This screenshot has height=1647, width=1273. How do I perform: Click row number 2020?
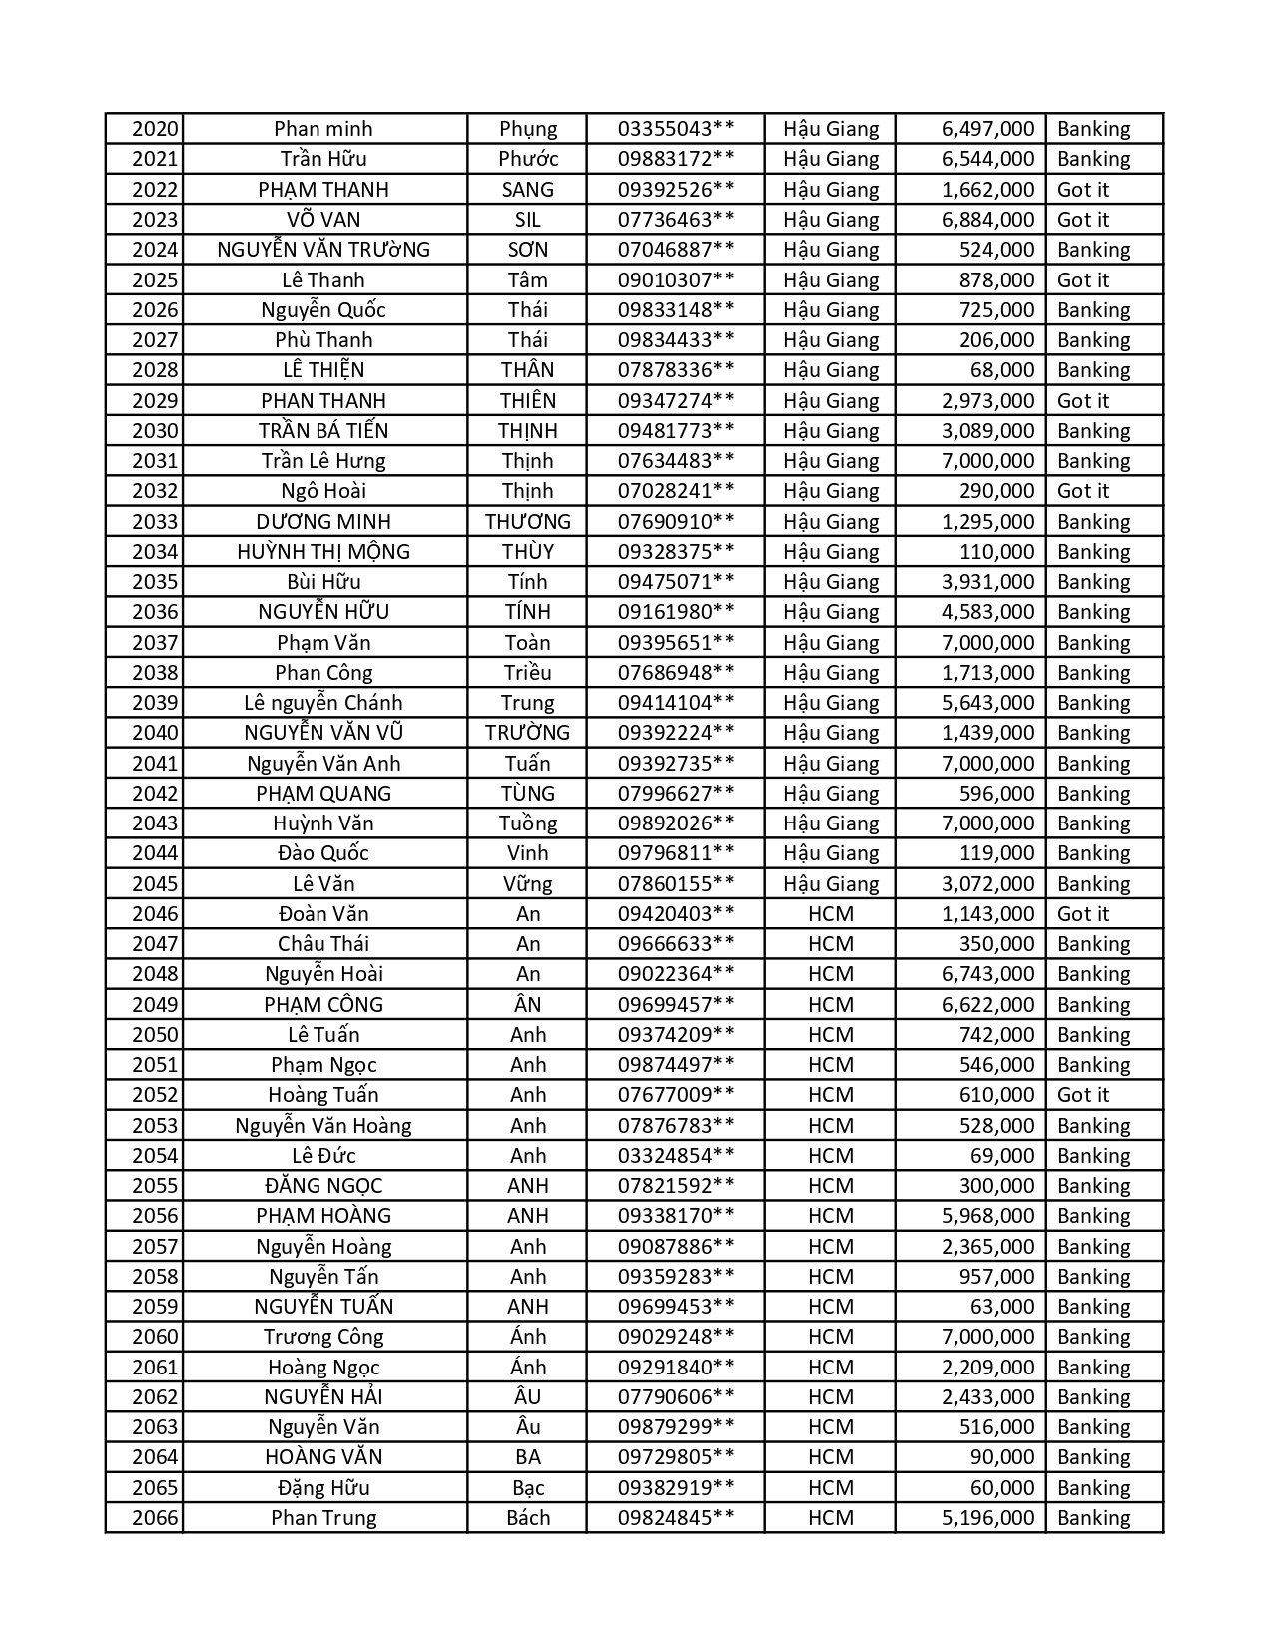[x=155, y=129]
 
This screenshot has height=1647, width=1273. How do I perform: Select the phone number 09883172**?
[x=676, y=159]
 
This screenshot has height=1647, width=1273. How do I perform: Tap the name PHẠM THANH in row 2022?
[x=323, y=190]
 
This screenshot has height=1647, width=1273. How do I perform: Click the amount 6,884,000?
[x=987, y=220]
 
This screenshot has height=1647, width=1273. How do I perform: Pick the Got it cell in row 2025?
[x=1083, y=280]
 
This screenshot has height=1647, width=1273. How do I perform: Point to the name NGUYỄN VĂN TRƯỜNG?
[x=323, y=250]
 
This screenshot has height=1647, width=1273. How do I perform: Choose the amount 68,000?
[x=1002, y=370]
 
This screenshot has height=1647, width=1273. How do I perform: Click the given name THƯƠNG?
[x=527, y=522]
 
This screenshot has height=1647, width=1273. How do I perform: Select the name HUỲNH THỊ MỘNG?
[x=323, y=552]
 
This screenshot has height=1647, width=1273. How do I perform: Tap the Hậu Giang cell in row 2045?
[x=831, y=884]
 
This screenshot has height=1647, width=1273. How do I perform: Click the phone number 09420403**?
[x=676, y=914]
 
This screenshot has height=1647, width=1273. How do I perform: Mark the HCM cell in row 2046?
[x=831, y=914]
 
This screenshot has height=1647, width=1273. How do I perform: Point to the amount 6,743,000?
[x=987, y=974]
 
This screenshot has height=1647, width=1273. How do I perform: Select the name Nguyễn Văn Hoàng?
[x=323, y=1126]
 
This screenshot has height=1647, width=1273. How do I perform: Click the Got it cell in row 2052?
[x=1083, y=1095]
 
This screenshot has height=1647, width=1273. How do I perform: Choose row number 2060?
[x=155, y=1337]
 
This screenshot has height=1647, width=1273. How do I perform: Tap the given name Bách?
[x=527, y=1518]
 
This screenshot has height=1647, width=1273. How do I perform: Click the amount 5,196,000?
[x=987, y=1518]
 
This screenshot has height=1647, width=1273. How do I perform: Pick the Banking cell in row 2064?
[x=1094, y=1457]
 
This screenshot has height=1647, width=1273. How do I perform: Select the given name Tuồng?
[x=527, y=823]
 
